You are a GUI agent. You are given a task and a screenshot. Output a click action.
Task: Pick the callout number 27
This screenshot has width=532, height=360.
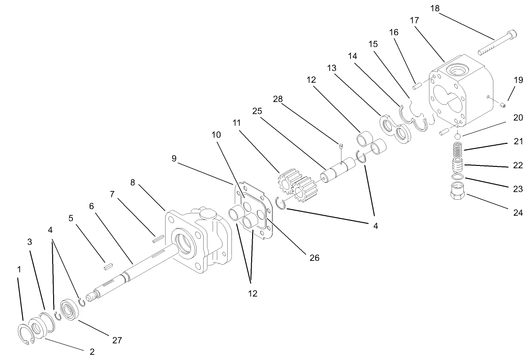(117, 340)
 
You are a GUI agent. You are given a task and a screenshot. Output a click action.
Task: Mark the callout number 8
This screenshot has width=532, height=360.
(133, 182)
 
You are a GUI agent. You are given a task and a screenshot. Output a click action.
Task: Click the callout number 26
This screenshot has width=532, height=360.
(314, 258)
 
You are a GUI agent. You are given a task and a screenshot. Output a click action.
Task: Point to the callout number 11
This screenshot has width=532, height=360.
(236, 123)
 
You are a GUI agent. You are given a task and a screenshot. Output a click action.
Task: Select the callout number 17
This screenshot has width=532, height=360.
(414, 20)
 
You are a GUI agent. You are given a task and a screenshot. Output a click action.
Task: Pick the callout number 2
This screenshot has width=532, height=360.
(92, 351)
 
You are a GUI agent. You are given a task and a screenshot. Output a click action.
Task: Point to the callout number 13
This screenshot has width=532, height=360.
(331, 68)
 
